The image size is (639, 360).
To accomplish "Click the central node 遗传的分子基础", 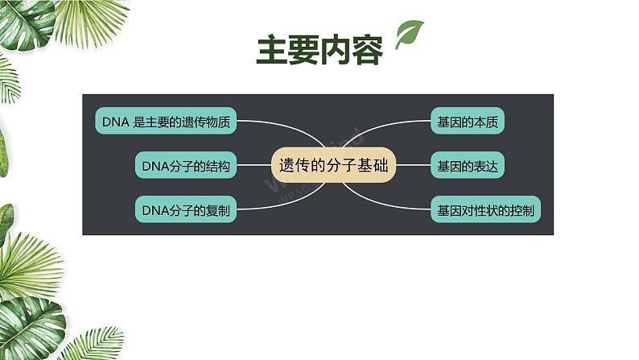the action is tap(333, 165).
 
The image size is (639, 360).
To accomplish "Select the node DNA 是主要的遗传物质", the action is tap(166, 121).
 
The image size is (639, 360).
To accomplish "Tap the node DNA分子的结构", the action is tap(186, 165).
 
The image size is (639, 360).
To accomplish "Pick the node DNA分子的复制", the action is tap(186, 209).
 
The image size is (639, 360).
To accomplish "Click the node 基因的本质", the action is tap(468, 121).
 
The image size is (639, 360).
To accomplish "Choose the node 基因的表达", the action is tap(468, 165).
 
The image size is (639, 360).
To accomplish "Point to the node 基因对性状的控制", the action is tap(486, 209).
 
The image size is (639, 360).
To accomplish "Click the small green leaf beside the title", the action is tap(409, 35).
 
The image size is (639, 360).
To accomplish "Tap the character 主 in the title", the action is tap(272, 50).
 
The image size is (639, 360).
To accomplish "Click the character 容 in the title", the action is tap(368, 50).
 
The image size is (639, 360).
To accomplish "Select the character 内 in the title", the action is tap(336, 50).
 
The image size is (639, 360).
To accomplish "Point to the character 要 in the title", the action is tap(303, 50).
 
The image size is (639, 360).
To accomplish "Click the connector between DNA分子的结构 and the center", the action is tap(254, 165).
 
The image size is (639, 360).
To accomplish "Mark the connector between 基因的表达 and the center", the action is tap(413, 165).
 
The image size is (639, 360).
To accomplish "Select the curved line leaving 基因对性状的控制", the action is tap(381, 203).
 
